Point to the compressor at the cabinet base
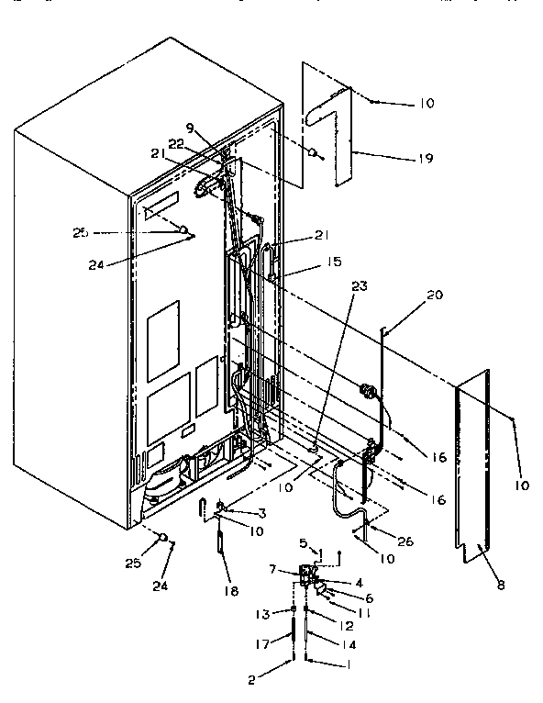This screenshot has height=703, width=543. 165,478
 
